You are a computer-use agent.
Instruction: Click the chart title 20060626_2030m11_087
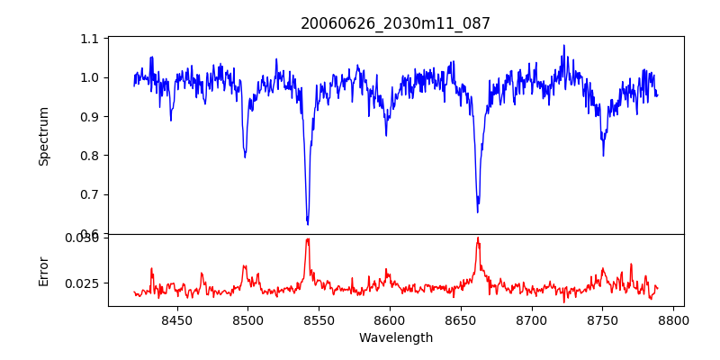coord(396,23)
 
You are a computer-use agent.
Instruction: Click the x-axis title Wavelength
coord(396,338)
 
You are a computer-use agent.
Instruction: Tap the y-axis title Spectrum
coord(43,136)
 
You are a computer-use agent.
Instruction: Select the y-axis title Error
coord(43,271)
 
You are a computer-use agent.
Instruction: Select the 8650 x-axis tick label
coord(461,319)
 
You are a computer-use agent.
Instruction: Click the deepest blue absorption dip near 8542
coord(308,223)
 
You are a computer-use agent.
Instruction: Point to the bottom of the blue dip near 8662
coord(478,211)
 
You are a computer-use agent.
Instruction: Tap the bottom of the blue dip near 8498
coord(245,157)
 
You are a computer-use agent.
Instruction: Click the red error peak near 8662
coord(478,238)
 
